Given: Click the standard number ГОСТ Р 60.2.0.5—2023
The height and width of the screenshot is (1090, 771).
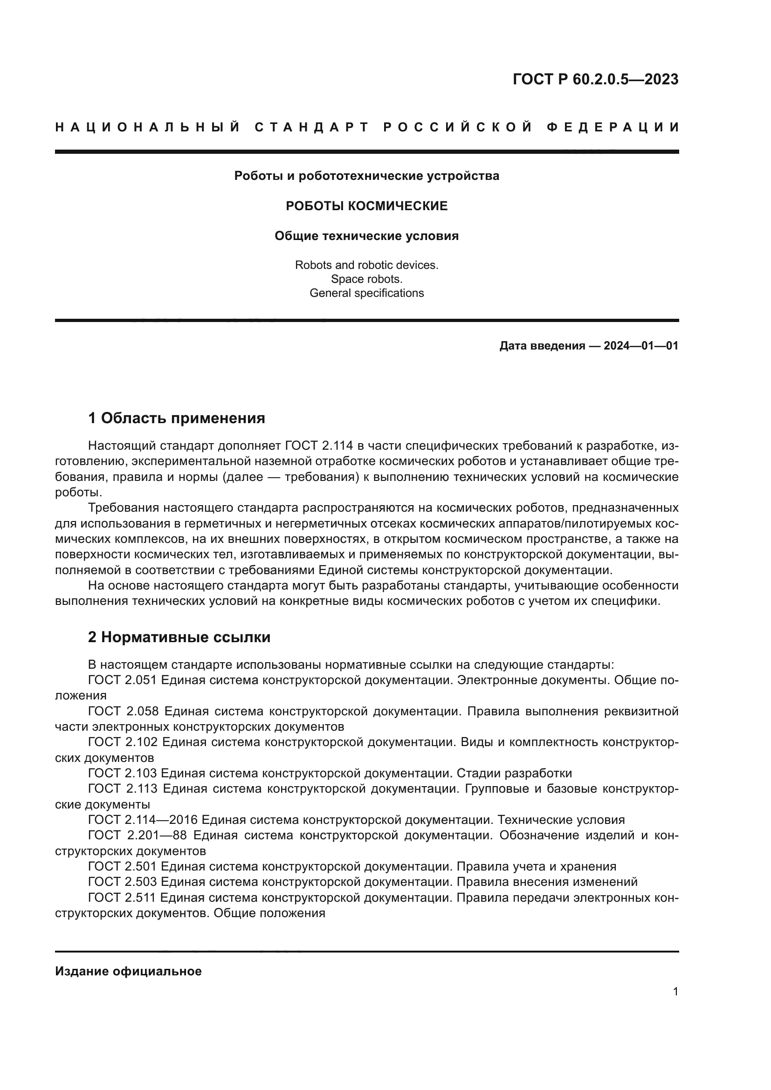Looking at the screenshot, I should point(595,79).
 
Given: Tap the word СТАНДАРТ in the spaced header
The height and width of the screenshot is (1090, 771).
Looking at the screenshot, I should point(312,127).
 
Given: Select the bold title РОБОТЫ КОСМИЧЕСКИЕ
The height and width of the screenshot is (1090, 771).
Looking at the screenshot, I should point(366,206).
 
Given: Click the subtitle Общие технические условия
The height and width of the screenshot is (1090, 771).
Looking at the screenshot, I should point(366,236).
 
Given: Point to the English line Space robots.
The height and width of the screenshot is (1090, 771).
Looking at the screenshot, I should point(366,279).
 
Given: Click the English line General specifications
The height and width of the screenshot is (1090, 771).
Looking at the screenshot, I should point(366,293).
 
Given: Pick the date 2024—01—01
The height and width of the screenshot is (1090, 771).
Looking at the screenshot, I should point(641,346).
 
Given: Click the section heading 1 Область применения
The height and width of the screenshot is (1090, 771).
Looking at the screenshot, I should point(177,418).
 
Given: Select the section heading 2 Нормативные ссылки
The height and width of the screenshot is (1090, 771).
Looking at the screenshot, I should point(179,637).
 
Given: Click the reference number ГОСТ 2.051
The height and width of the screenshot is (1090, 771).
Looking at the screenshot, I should point(122,680).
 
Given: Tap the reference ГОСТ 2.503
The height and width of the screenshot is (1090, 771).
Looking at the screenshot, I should point(122,882).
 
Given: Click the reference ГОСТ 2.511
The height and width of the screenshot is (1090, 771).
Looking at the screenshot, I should point(122,898).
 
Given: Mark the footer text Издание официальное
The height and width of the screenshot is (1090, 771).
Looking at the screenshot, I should point(128,971).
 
